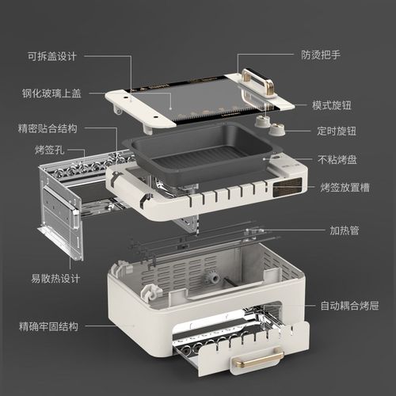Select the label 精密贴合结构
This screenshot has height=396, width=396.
[x=48, y=128]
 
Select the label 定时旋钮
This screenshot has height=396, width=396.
[x=332, y=130]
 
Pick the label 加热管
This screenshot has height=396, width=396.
[x=345, y=231]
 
